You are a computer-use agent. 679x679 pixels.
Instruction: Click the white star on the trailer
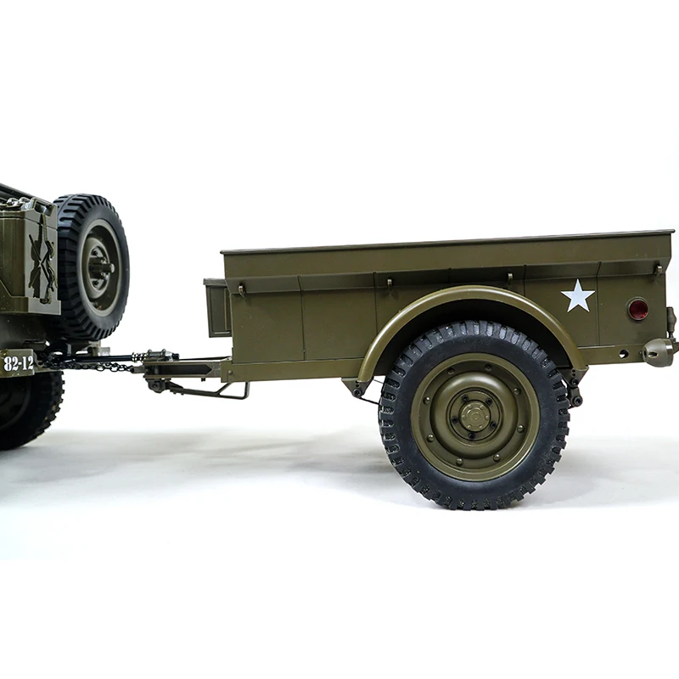[x=578, y=295]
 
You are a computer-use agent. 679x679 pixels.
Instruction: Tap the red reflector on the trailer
[x=638, y=309]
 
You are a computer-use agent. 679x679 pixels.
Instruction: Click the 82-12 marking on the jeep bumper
[x=18, y=363]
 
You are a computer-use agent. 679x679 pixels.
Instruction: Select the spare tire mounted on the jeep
[x=92, y=267]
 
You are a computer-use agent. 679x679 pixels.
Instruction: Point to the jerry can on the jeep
[x=29, y=256]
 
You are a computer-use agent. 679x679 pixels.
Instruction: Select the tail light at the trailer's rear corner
[x=660, y=351]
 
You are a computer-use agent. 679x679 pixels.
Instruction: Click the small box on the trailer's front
[x=217, y=308]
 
